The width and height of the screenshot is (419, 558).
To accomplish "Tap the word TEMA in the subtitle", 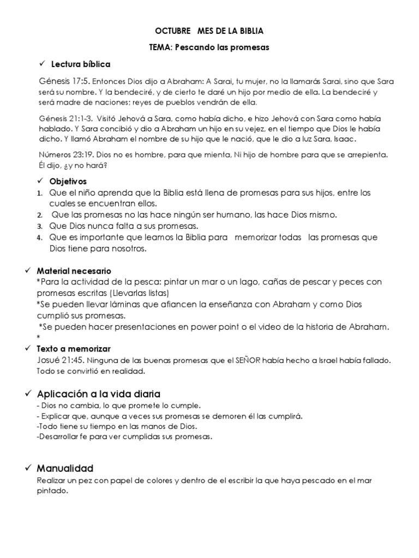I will pos(160,47).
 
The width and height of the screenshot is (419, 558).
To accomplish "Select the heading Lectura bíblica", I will pos(81,64).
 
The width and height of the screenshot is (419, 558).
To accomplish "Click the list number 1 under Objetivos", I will pos(39,193).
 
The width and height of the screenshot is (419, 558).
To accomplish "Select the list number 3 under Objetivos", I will pos(39,226).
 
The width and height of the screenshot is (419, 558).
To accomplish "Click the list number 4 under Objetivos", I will pos(39,238).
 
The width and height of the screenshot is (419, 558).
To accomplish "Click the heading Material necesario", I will pos(74,270).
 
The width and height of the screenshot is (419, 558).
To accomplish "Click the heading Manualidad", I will pos(65,468).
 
